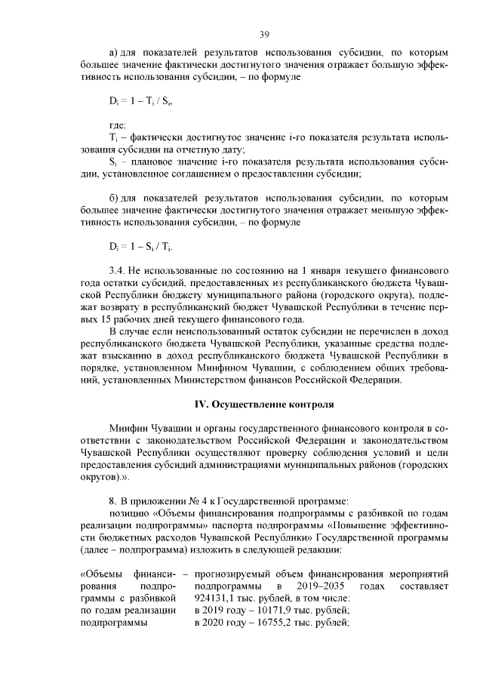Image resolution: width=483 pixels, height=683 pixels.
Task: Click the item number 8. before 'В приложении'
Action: (112, 501)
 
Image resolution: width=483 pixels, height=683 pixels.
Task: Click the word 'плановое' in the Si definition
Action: (158, 162)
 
